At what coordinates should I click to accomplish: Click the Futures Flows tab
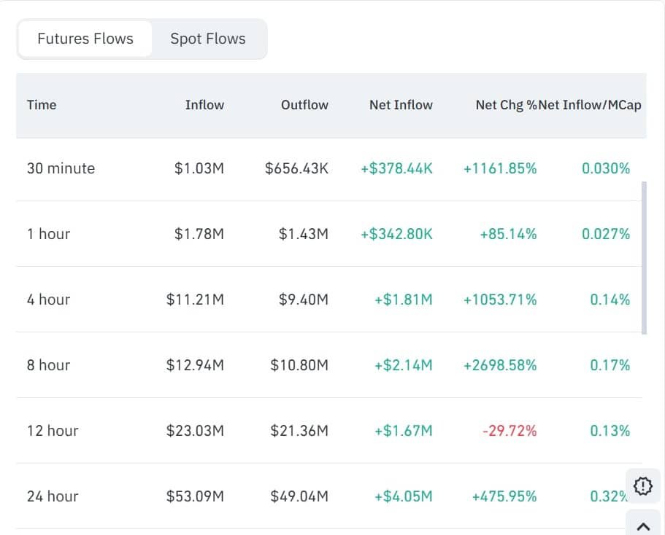point(85,39)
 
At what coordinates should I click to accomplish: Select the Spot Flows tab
point(208,39)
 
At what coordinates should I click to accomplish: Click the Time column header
point(42,105)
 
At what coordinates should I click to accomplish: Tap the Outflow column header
point(304,105)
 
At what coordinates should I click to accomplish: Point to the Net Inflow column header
point(401,105)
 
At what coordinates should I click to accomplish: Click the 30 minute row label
point(61,168)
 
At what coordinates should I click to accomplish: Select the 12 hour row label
point(53,431)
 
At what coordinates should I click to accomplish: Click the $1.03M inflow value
point(199,168)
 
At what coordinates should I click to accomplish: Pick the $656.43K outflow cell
point(296,168)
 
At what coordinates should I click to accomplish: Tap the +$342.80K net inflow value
point(396,234)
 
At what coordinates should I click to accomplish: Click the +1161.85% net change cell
point(500,168)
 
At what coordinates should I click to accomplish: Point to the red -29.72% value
point(510,431)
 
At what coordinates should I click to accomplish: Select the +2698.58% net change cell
point(500,365)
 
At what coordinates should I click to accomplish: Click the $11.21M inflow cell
point(195,300)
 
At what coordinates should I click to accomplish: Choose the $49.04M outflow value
point(299,496)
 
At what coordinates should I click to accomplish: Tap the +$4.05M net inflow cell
point(404,496)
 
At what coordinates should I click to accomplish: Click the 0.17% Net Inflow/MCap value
point(610,365)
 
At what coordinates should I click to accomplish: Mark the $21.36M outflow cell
point(299,431)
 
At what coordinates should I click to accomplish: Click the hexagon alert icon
point(642,485)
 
